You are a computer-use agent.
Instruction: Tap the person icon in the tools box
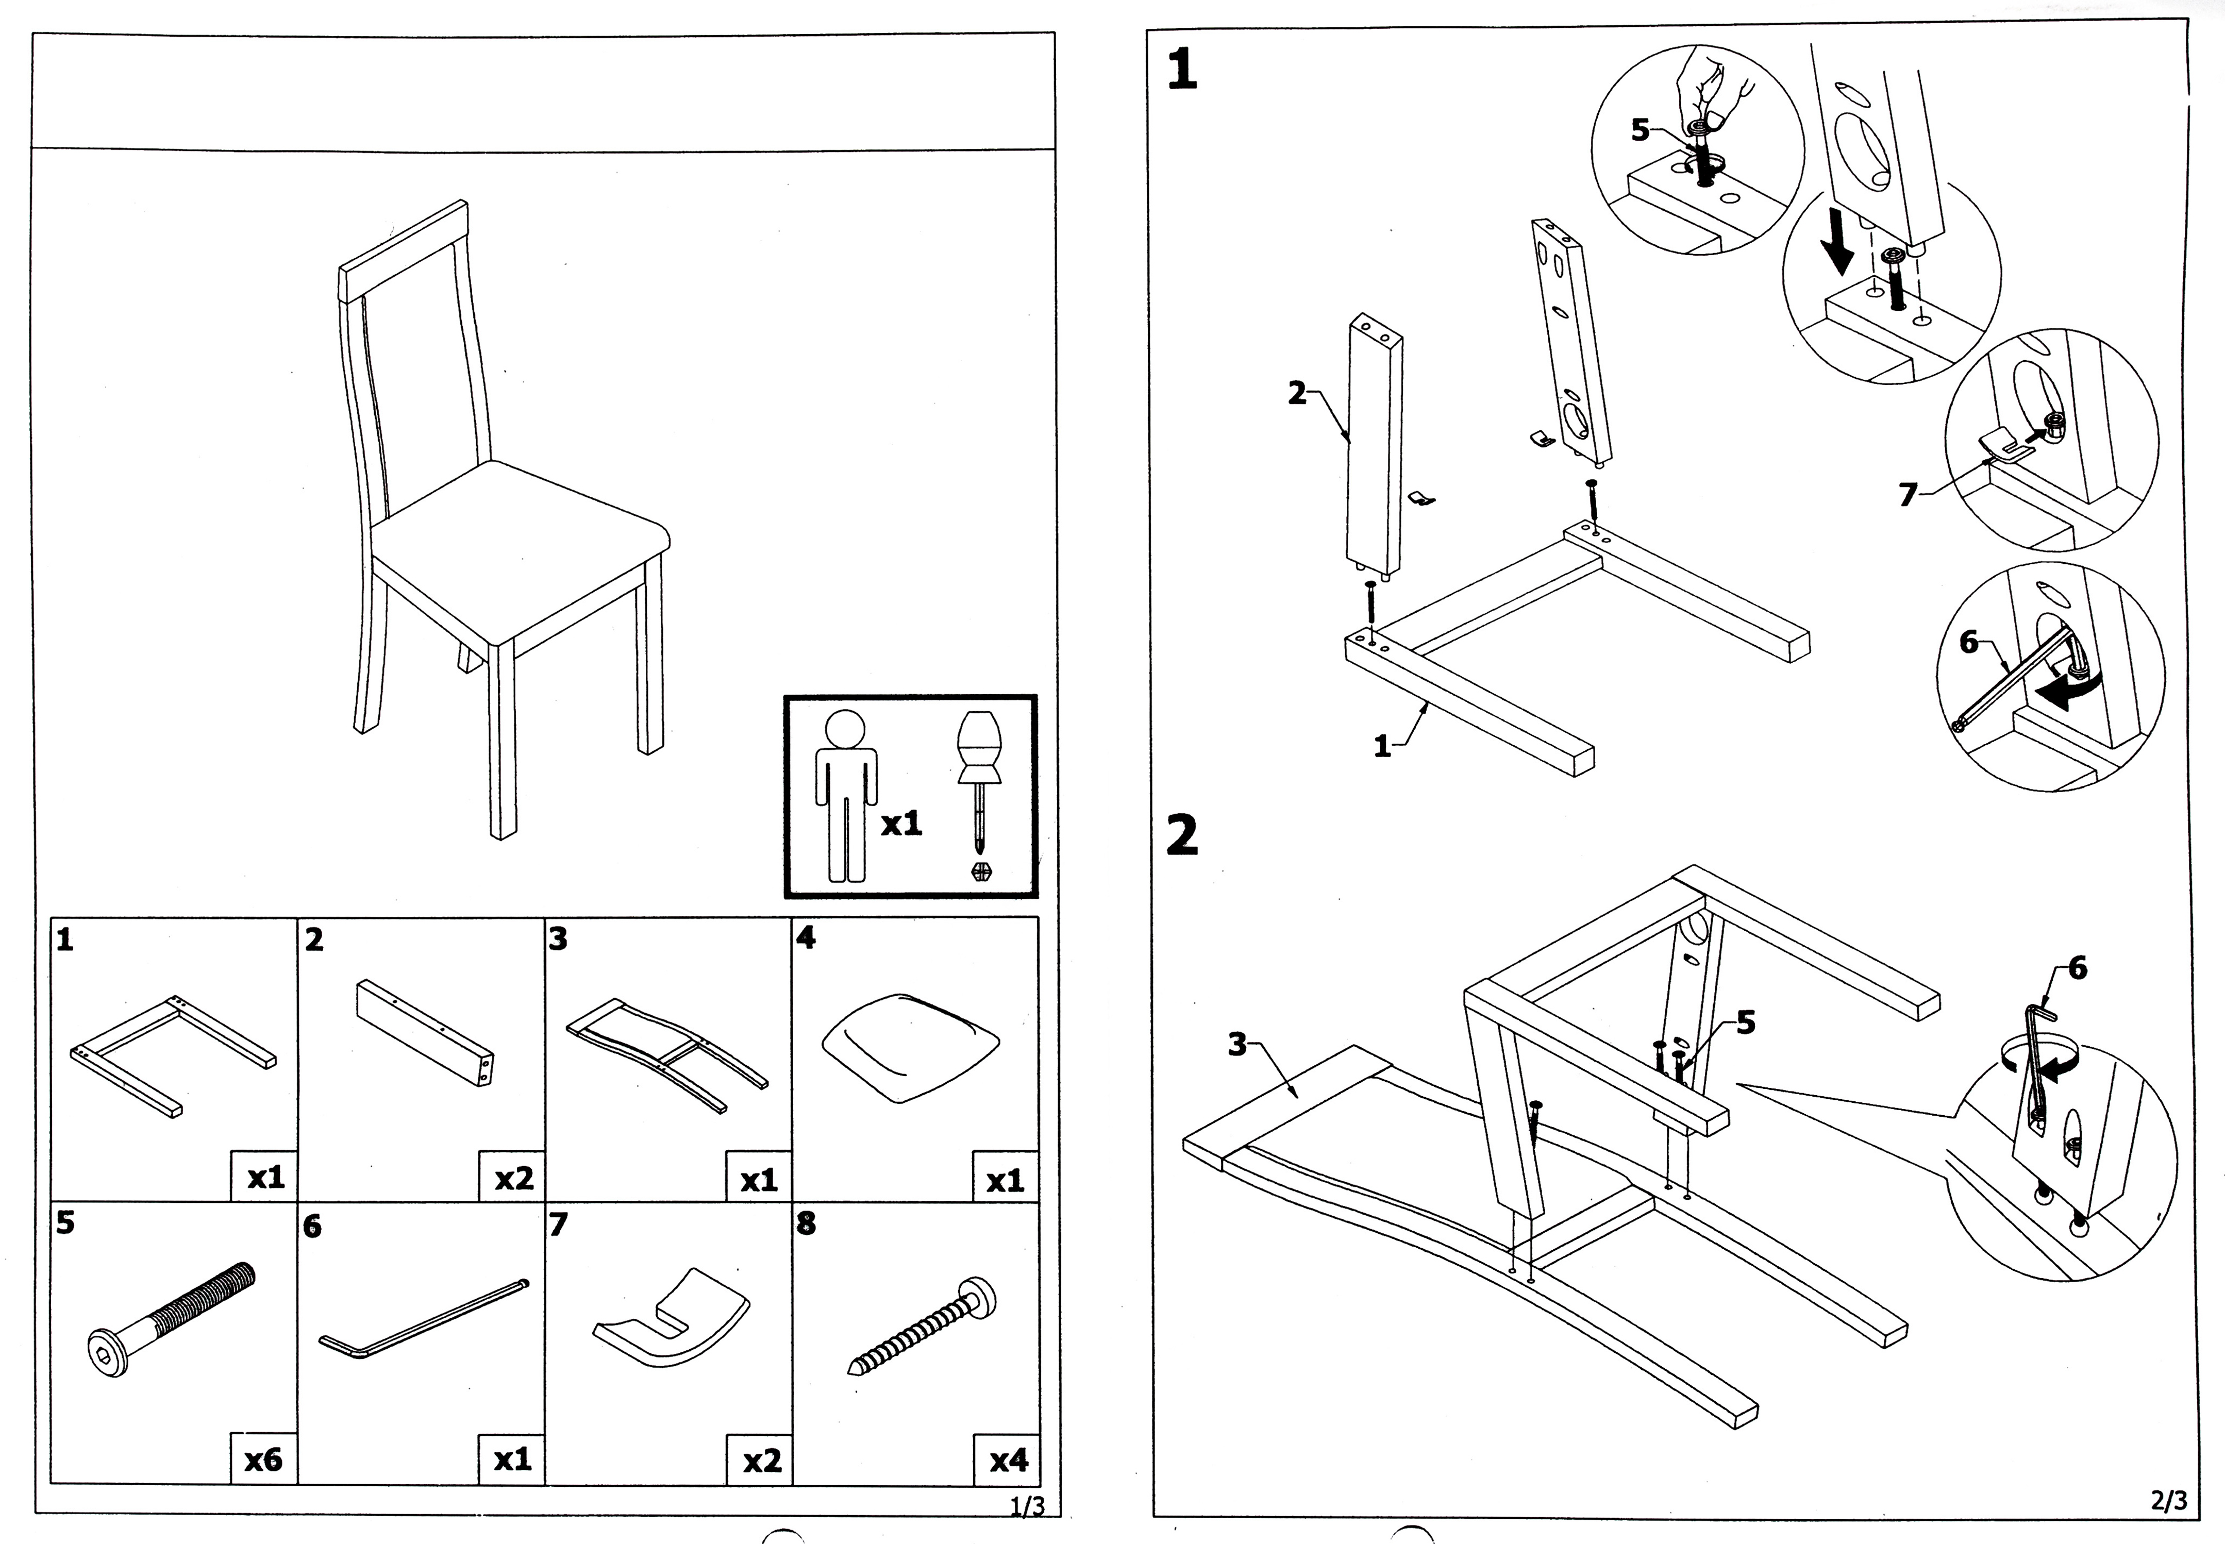pyautogui.click(x=845, y=793)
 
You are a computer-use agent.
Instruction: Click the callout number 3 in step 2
pyautogui.click(x=1237, y=1044)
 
